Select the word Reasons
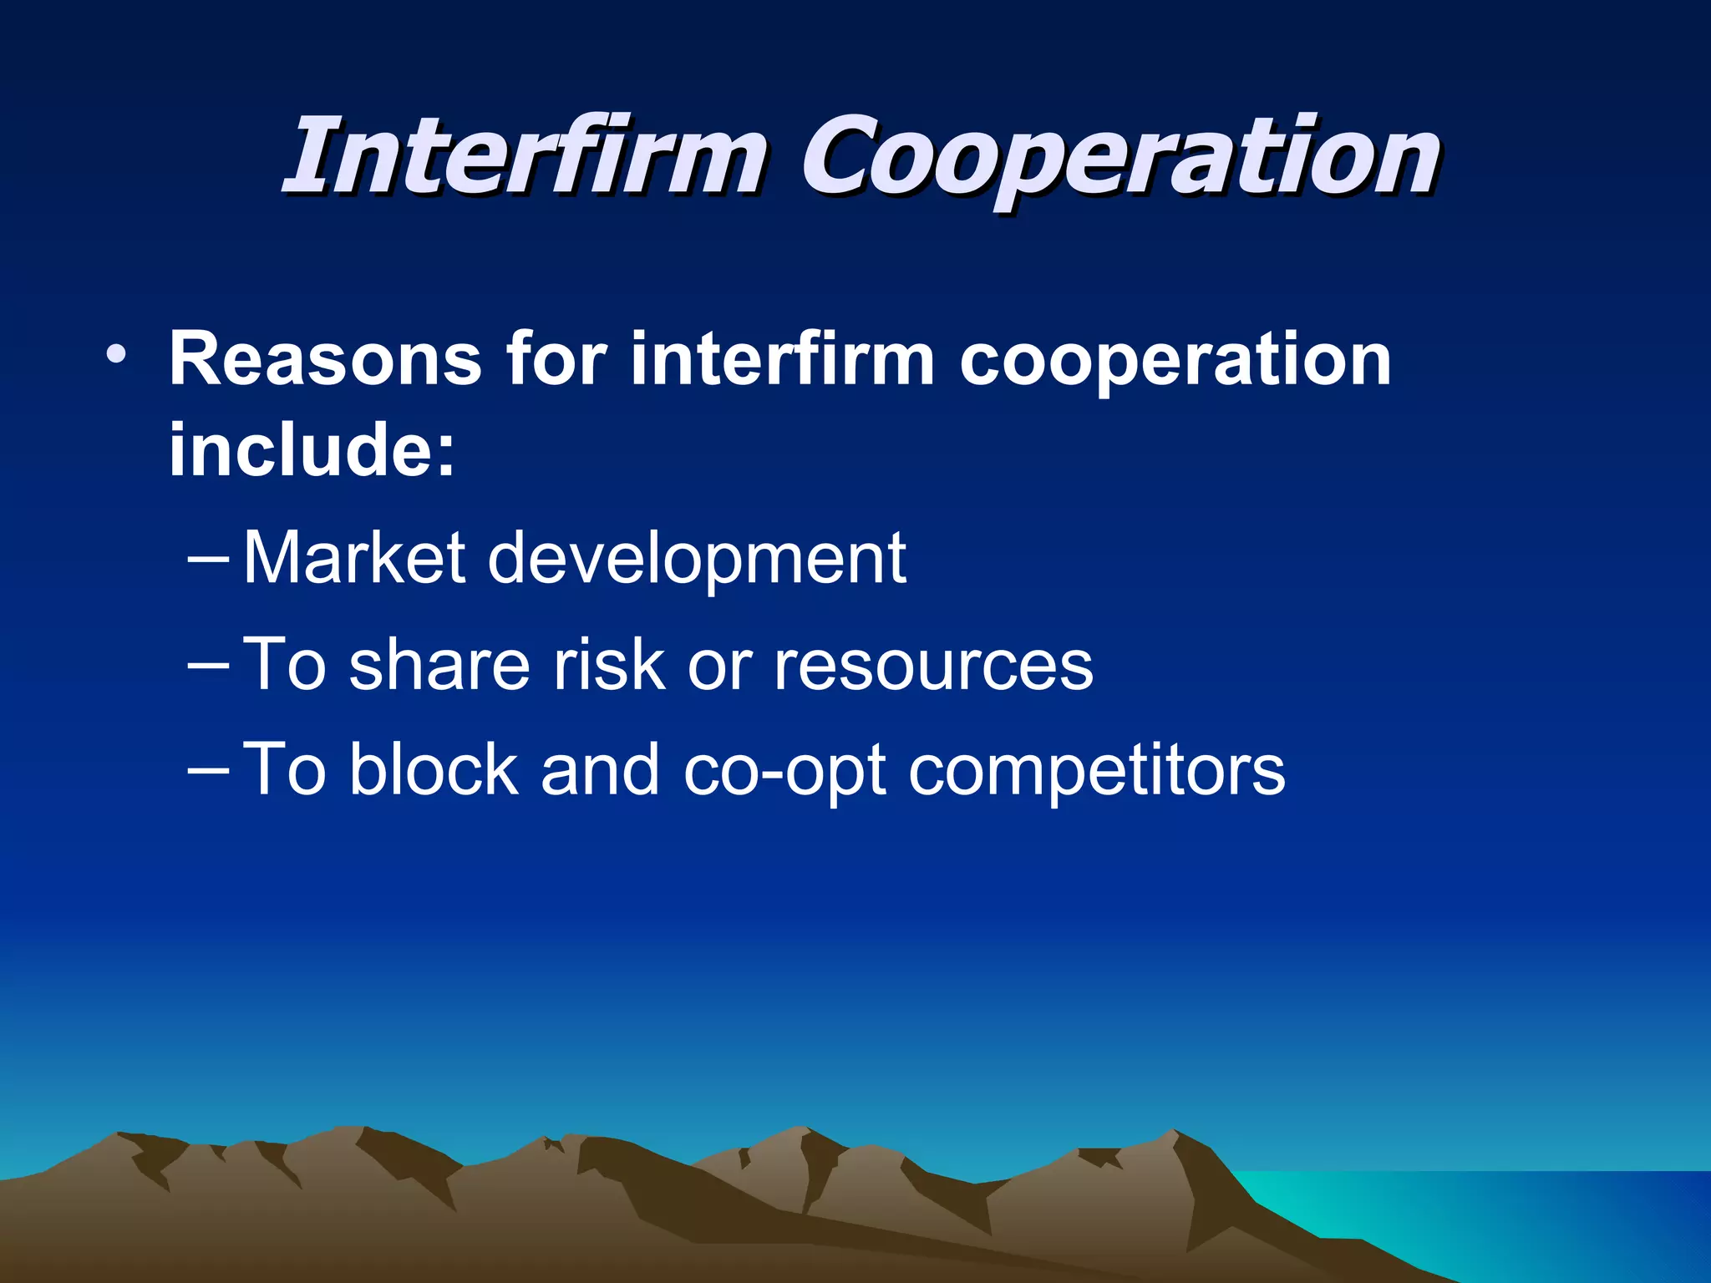tap(325, 359)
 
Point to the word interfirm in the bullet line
tap(782, 359)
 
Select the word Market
tap(353, 558)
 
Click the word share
tap(439, 665)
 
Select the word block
tap(434, 769)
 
